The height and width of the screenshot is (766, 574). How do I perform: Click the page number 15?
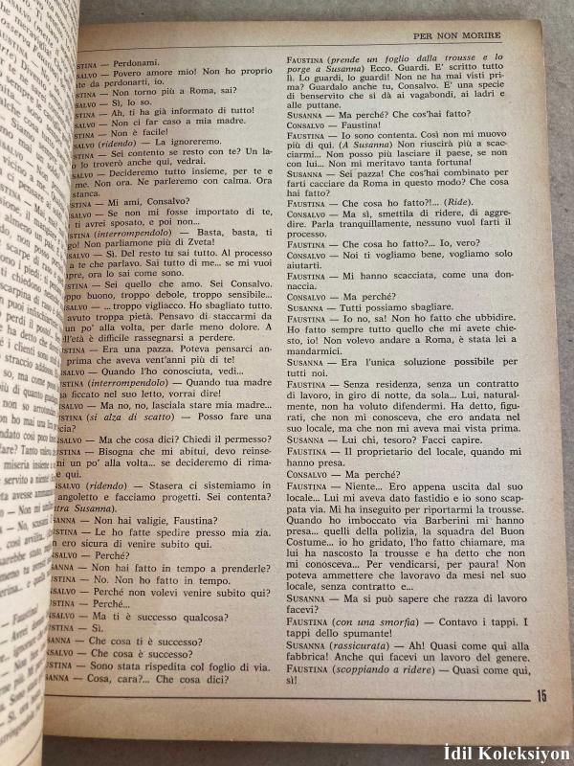click(x=541, y=696)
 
